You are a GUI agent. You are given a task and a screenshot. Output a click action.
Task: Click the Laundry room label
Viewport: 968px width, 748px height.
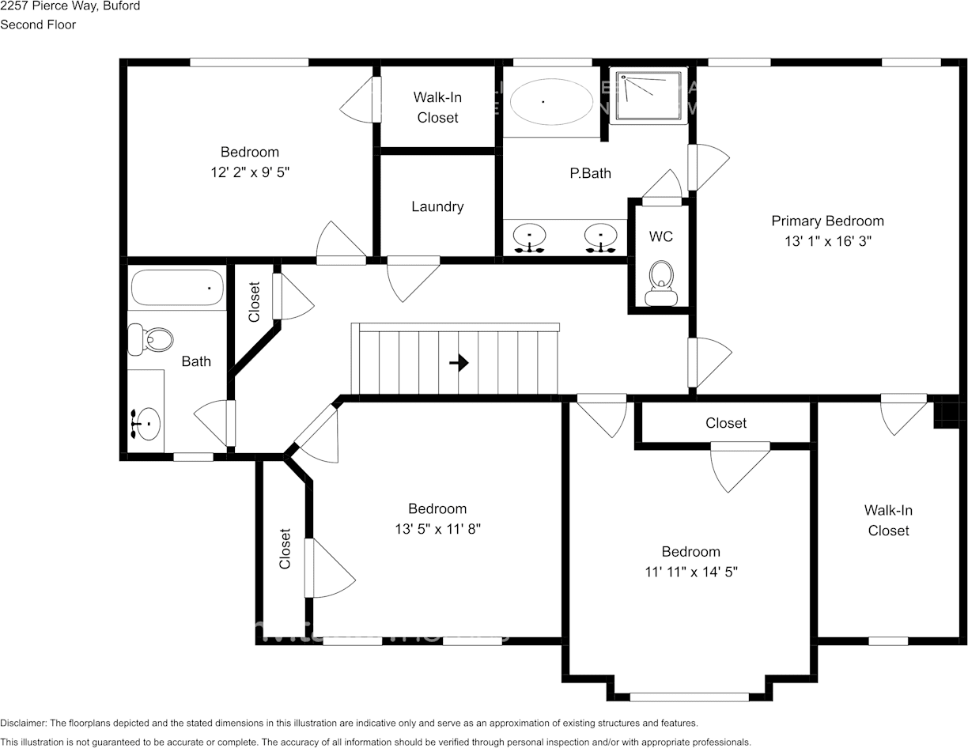[437, 206]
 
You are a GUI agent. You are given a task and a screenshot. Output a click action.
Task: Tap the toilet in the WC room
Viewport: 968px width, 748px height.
[661, 283]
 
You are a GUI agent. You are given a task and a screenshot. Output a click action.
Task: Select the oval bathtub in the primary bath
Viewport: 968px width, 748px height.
[551, 101]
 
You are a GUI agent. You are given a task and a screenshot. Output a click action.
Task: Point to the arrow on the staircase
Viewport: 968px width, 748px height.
[459, 363]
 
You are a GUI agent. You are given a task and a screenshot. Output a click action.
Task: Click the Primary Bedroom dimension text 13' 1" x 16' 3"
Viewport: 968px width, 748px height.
[828, 241]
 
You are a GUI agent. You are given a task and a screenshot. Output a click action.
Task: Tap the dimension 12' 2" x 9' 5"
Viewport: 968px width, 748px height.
[250, 172]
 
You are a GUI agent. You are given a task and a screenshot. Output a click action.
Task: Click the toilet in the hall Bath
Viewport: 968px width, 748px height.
[150, 340]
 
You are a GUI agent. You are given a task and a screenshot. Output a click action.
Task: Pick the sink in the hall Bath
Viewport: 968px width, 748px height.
[147, 424]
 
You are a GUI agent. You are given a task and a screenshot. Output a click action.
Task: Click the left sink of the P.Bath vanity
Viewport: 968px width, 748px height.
[529, 236]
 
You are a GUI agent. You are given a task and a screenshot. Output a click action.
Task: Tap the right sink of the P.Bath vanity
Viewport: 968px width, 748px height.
[601, 236]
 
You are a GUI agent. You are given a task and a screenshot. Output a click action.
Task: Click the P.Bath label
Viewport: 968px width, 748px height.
[591, 173]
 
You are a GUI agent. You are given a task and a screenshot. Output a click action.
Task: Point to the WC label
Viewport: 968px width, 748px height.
[661, 236]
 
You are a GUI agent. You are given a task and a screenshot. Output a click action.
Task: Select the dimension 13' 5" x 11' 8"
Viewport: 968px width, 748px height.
[437, 529]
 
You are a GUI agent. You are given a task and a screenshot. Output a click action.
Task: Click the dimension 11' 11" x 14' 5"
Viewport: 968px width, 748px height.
[691, 572]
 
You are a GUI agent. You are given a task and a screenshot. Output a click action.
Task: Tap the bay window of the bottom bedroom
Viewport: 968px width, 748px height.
[690, 697]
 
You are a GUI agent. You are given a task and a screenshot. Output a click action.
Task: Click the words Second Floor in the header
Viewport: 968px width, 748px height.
[38, 25]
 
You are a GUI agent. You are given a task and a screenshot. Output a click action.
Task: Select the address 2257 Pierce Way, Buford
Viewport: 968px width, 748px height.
[70, 6]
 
